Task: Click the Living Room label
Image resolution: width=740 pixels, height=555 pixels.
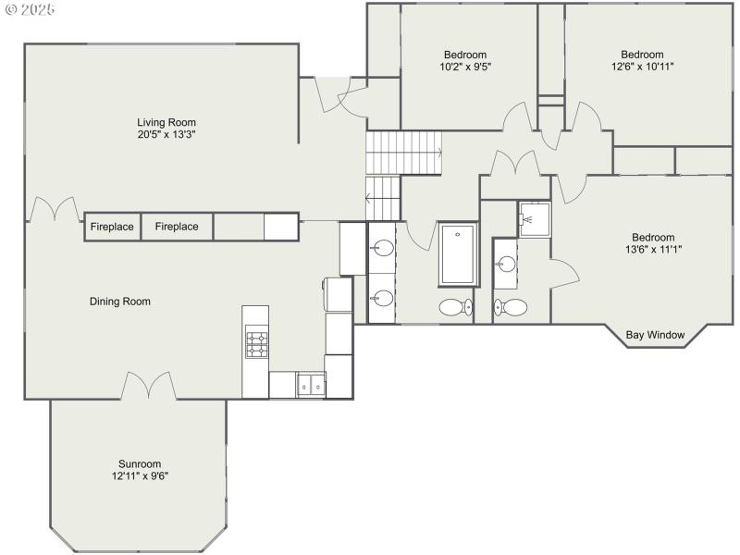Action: (166, 122)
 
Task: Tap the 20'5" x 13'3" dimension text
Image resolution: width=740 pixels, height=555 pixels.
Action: (166, 134)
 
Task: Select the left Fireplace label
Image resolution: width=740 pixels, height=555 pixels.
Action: (112, 227)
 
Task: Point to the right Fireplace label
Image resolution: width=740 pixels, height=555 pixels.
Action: (176, 227)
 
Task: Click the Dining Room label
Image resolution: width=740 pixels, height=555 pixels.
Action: (119, 302)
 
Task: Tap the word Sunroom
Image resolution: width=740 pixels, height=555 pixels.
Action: (140, 464)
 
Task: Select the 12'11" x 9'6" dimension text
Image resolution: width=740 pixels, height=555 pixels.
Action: (140, 476)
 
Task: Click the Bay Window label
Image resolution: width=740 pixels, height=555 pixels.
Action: (655, 335)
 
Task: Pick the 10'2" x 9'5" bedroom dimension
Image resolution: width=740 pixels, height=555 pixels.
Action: (464, 67)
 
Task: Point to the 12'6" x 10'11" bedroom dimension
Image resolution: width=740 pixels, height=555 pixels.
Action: (642, 67)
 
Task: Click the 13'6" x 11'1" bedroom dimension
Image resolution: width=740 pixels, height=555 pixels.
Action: (653, 249)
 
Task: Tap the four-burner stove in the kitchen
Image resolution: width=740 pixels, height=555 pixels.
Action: (255, 344)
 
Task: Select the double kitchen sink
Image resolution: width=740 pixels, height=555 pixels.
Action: (311, 385)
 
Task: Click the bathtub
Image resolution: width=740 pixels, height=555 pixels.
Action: (457, 254)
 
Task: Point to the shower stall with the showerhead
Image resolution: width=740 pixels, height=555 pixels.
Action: (534, 219)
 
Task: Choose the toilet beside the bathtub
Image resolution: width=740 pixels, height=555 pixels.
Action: (454, 307)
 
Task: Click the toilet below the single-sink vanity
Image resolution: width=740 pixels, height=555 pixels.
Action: (512, 307)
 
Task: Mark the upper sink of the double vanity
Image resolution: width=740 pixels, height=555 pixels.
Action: (383, 249)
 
